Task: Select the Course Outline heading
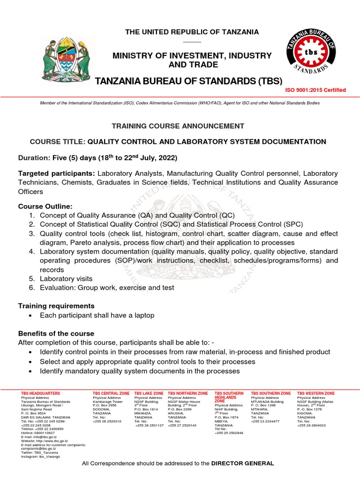[45, 206]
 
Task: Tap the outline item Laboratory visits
[69, 278]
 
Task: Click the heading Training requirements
[56, 306]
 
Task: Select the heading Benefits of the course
[56, 333]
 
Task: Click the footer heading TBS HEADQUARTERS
[41, 393]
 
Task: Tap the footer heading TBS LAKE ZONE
[149, 393]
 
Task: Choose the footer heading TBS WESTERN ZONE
[316, 393]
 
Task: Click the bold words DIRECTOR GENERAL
[242, 464]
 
